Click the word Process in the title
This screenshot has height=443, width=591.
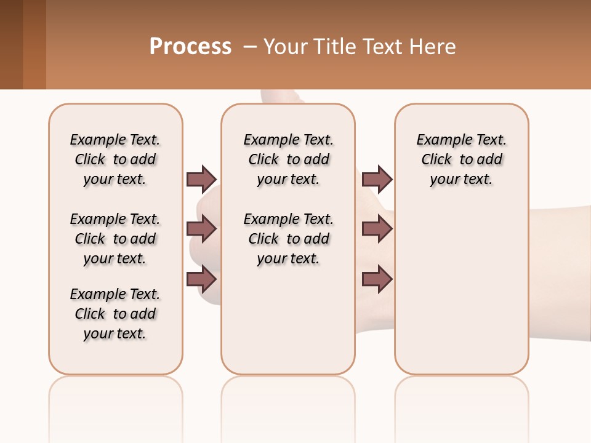[190, 47]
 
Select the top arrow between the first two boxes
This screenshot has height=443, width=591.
[201, 179]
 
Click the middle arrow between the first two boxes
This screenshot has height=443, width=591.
[201, 229]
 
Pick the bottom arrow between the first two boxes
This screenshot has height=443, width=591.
[201, 279]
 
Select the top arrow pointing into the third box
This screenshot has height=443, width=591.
[377, 179]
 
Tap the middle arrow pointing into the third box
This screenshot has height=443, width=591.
[377, 229]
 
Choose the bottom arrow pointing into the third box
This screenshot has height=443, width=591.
[377, 279]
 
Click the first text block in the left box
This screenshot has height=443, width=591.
[115, 159]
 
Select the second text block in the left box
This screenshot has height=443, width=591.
[115, 239]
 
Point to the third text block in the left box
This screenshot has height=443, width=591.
[115, 314]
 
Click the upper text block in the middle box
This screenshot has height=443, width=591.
[288, 159]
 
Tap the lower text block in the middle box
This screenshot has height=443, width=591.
[288, 239]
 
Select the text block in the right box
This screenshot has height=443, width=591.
[461, 159]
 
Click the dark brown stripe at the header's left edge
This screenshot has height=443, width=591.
[11, 44]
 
